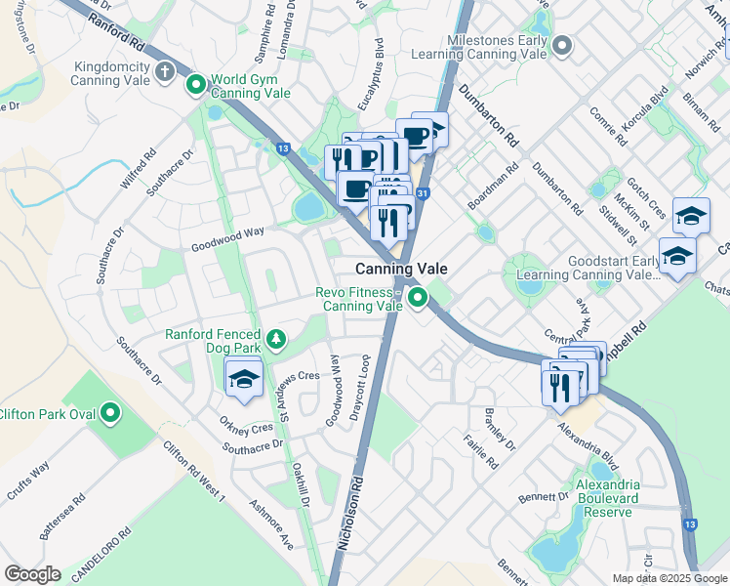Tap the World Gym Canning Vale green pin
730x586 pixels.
pos(195,86)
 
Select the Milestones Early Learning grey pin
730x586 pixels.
pos(561,45)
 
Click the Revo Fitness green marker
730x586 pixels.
pos(418,298)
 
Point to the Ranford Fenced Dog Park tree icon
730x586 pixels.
pos(278,339)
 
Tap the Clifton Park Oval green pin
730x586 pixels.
pos(110,413)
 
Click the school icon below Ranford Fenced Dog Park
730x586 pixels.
pos(243,379)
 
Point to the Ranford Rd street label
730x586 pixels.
pos(122,35)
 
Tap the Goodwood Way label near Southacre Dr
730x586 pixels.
pos(228,239)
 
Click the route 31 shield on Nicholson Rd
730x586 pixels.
pos(422,194)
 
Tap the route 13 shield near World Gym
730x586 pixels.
pos(283,148)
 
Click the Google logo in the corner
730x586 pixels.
pos(32,573)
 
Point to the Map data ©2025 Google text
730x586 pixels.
pos(669,578)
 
